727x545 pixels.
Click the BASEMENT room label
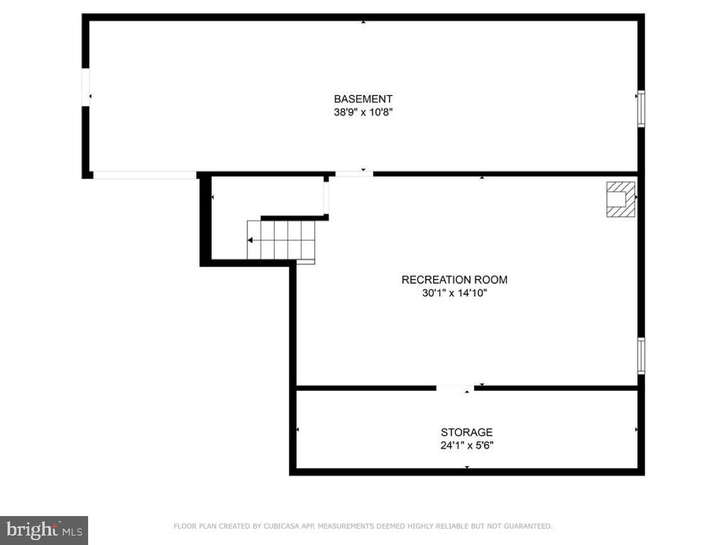pyautogui.click(x=363, y=99)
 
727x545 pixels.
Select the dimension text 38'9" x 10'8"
pyautogui.click(x=363, y=113)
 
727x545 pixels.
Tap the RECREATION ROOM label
pyautogui.click(x=454, y=279)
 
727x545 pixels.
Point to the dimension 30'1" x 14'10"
pyautogui.click(x=454, y=293)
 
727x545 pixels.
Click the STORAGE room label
pyautogui.click(x=466, y=432)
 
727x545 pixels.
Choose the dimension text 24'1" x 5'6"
pyautogui.click(x=466, y=446)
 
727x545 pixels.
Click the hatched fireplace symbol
pyautogui.click(x=620, y=199)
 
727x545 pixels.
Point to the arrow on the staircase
pyautogui.click(x=251, y=240)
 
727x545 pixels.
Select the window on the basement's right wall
pyautogui.click(x=641, y=109)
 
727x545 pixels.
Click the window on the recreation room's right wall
pyautogui.click(x=641, y=356)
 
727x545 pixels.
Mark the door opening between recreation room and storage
pyautogui.click(x=455, y=388)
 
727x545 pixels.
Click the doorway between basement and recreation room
pyautogui.click(x=354, y=173)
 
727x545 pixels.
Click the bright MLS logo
pyautogui.click(x=43, y=530)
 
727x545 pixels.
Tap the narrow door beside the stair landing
pyautogui.click(x=326, y=197)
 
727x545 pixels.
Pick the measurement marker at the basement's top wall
pyautogui.click(x=363, y=21)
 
